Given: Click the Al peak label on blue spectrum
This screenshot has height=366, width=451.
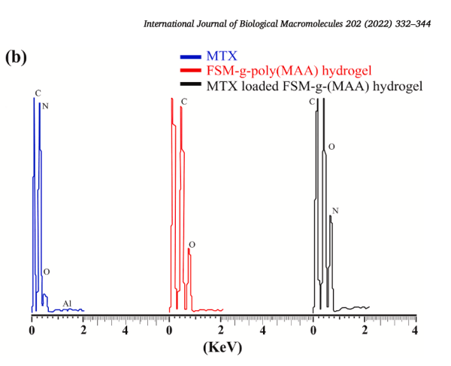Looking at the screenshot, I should (67, 303).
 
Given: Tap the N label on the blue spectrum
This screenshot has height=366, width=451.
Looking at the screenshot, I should (45, 106).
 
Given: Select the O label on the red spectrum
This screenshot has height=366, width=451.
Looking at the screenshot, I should (192, 246).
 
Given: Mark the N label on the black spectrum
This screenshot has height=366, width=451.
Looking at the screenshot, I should (334, 210).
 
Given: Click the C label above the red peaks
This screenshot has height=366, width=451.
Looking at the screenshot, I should (184, 101).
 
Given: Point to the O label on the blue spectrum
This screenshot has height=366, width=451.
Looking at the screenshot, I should (46, 271).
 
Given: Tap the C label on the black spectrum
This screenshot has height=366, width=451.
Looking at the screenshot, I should (312, 101).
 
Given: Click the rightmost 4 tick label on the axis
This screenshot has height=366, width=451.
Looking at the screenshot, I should (415, 329).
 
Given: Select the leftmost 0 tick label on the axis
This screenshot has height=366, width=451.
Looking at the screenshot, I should (32, 329).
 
